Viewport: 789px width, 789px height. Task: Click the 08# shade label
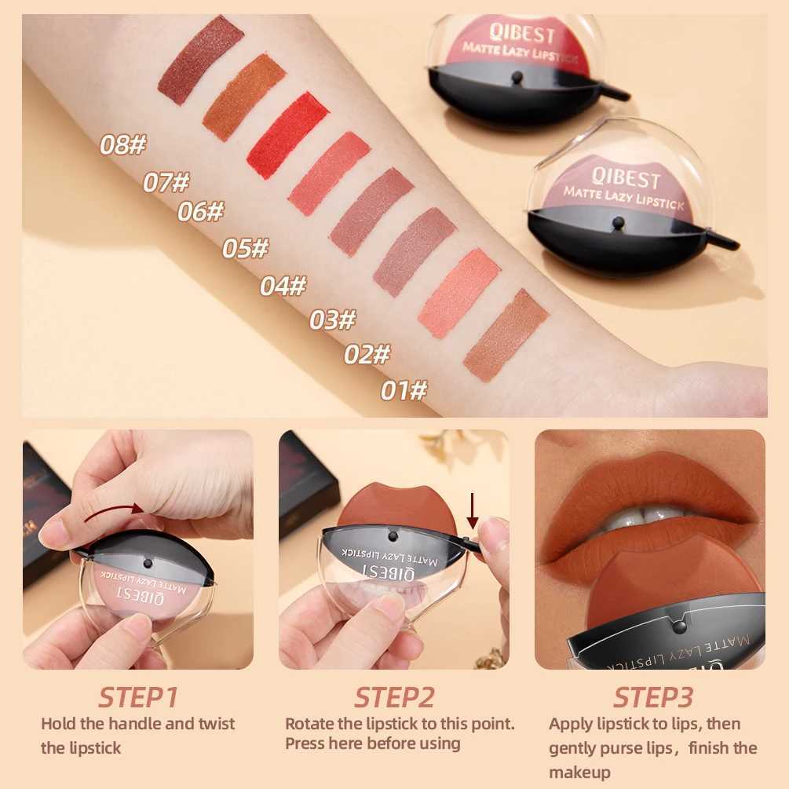(x=123, y=144)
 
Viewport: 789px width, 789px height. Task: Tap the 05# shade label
(x=245, y=249)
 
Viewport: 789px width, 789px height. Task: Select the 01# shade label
(x=404, y=389)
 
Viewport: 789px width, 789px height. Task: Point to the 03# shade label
(x=332, y=320)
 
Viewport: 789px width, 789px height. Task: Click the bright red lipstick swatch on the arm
(x=287, y=135)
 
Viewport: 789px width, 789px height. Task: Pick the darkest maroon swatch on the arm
(x=201, y=60)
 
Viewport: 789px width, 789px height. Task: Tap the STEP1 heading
(x=138, y=696)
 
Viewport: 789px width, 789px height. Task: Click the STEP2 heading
(x=394, y=696)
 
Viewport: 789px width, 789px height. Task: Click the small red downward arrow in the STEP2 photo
(x=473, y=512)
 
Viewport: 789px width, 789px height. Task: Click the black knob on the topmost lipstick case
(x=515, y=78)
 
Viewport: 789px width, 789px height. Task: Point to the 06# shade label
(x=200, y=212)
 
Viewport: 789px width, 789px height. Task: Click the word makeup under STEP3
(x=579, y=773)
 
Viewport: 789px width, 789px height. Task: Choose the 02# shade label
(x=367, y=355)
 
